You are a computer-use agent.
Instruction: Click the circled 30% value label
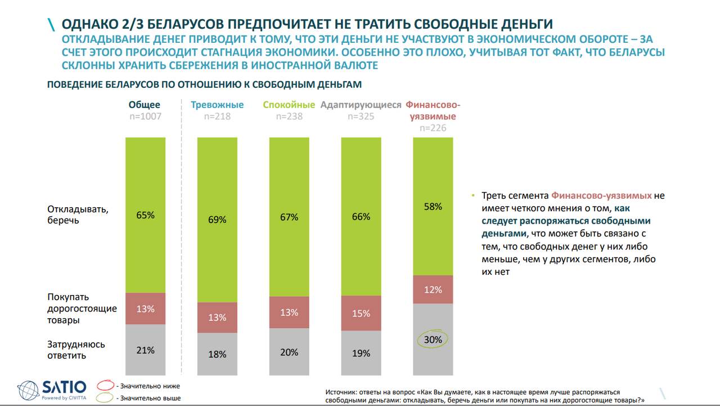pos(433,340)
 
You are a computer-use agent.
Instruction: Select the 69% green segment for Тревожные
pos(217,220)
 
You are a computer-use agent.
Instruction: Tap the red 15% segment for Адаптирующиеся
pos(361,313)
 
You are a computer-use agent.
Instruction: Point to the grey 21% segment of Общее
pos(145,350)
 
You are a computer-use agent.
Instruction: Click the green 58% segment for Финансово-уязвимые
pos(433,207)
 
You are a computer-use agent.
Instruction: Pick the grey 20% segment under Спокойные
pos(289,352)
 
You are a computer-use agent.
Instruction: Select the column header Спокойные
pos(289,105)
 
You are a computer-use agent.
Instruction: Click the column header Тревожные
pos(217,105)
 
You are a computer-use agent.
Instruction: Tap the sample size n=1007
pos(145,117)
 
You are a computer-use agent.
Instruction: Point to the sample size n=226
pos(433,128)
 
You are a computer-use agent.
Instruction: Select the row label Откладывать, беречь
pos(78,215)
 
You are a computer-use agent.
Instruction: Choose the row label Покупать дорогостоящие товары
pos(82,309)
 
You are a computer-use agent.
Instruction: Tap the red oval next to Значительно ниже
pos(106,386)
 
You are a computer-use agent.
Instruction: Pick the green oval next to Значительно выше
pos(106,398)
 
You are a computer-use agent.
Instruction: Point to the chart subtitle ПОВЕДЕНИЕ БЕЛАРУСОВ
pos(204,84)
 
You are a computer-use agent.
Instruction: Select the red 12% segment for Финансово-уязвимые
pos(433,289)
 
